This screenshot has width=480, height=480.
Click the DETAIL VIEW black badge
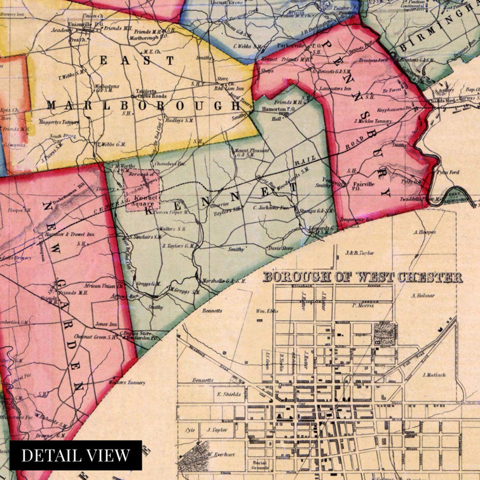click(75, 455)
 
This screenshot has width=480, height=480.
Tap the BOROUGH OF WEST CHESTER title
click(363, 278)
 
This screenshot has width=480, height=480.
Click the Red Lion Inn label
click(227, 90)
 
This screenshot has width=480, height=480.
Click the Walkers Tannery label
click(127, 382)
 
